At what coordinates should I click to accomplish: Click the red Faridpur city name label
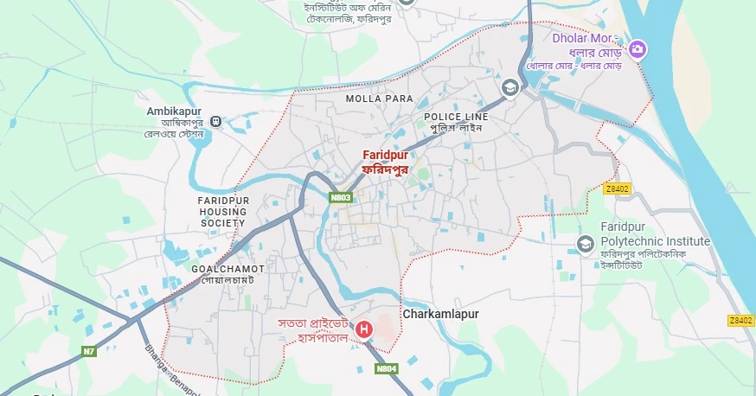pyautogui.click(x=384, y=155)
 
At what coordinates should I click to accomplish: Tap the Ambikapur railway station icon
pyautogui.click(x=216, y=122)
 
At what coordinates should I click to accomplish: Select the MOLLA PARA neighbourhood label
pyautogui.click(x=379, y=99)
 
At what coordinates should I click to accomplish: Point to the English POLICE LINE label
pyautogui.click(x=456, y=117)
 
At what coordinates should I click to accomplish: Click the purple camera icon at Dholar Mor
pyautogui.click(x=637, y=48)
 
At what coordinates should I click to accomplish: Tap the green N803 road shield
pyautogui.click(x=341, y=197)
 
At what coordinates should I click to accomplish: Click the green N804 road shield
pyautogui.click(x=387, y=368)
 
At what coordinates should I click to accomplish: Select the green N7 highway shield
pyautogui.click(x=89, y=351)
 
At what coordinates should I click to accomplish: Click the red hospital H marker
pyautogui.click(x=364, y=329)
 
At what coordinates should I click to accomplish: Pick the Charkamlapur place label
pyautogui.click(x=440, y=315)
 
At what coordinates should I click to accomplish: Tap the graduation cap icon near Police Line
pyautogui.click(x=510, y=87)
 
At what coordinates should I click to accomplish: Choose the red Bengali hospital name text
pyautogui.click(x=313, y=330)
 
